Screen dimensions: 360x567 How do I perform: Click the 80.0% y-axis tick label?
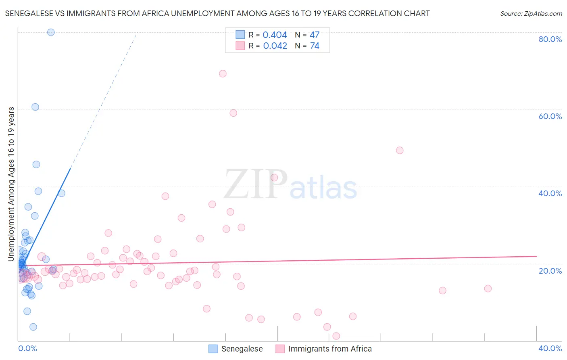[550, 39]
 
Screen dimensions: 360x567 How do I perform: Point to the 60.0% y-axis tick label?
[550, 116]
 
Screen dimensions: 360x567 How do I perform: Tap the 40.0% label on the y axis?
[550, 193]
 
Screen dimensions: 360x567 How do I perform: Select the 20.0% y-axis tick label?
[550, 271]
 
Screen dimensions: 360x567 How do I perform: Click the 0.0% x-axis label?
[27, 348]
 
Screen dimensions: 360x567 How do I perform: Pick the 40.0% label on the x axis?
[550, 348]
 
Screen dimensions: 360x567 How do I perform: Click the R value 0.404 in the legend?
[275, 35]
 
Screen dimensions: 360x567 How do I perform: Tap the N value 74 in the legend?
[315, 46]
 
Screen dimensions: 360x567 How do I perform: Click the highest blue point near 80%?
[51, 32]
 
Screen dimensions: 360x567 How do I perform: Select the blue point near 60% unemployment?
[35, 107]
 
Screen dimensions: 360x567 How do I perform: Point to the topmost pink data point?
[223, 73]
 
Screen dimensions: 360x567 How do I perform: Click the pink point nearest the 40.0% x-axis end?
[488, 289]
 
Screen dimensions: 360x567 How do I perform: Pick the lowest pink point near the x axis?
[336, 336]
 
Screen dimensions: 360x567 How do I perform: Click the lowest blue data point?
[33, 327]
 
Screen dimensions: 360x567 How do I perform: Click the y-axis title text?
[11, 184]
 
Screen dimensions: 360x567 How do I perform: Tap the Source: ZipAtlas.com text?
[531, 14]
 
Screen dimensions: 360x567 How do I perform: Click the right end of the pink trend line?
[536, 256]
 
